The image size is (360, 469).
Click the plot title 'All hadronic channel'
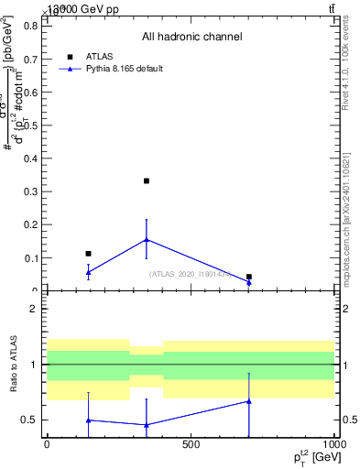click(x=191, y=38)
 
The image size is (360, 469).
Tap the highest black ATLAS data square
click(x=147, y=181)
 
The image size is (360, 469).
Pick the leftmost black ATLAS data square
click(x=88, y=254)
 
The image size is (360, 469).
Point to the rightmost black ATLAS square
click(x=249, y=277)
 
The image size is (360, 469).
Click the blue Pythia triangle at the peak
click(x=147, y=240)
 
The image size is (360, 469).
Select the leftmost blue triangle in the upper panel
click(x=88, y=272)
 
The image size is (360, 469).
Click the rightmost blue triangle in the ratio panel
click(x=249, y=401)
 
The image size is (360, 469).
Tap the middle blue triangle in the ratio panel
click(x=147, y=424)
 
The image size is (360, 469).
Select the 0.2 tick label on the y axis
click(x=30, y=225)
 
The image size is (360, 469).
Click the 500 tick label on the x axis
click(x=191, y=445)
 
